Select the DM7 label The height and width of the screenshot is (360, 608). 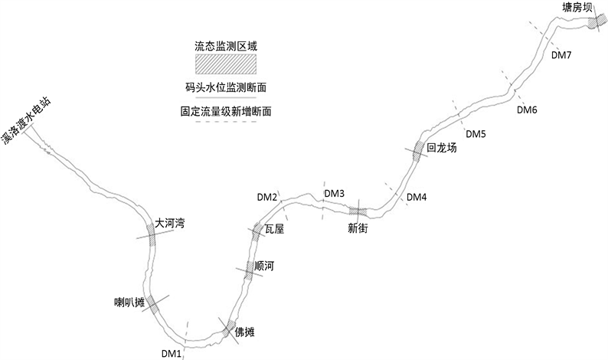(561, 55)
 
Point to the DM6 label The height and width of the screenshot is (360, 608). (527, 110)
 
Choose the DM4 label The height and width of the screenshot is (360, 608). (417, 198)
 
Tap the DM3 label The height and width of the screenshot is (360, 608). (335, 193)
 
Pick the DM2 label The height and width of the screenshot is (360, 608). (267, 198)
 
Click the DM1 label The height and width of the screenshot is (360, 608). (172, 353)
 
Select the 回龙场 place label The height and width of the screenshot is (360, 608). (442, 149)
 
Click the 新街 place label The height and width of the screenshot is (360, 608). (358, 228)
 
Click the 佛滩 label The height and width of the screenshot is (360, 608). (244, 332)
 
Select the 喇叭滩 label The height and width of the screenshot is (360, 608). (129, 301)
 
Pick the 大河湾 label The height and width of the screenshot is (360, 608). (170, 224)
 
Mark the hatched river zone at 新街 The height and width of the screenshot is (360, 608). (358, 211)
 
